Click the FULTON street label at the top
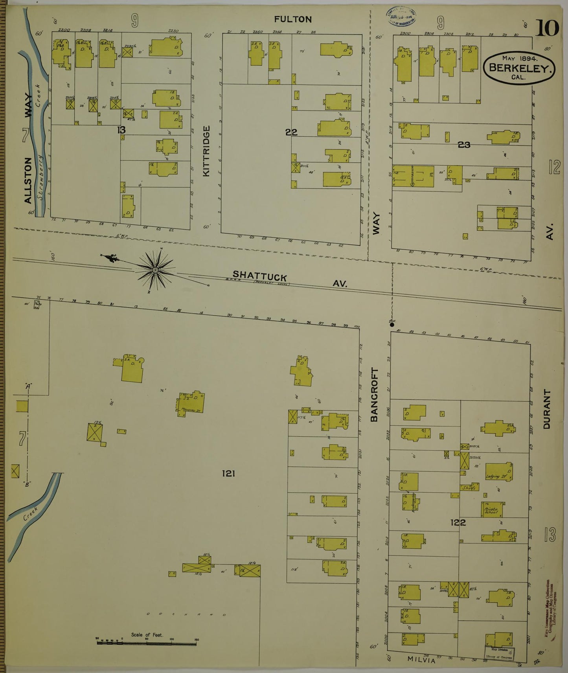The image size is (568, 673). click(293, 19)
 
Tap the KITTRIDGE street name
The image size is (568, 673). click(207, 151)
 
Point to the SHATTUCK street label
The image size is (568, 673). click(259, 276)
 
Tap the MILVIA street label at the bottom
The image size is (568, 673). click(421, 660)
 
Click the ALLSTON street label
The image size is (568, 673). click(28, 180)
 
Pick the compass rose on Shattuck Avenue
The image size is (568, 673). click(155, 270)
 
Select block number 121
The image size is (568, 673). click(228, 473)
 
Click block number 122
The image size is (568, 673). click(458, 522)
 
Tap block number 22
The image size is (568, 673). click(291, 132)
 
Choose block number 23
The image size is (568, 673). click(464, 145)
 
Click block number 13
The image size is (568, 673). click(121, 129)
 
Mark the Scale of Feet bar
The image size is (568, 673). click(147, 643)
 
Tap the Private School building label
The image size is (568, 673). click(491, 510)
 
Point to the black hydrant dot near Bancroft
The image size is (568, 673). click(392, 324)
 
